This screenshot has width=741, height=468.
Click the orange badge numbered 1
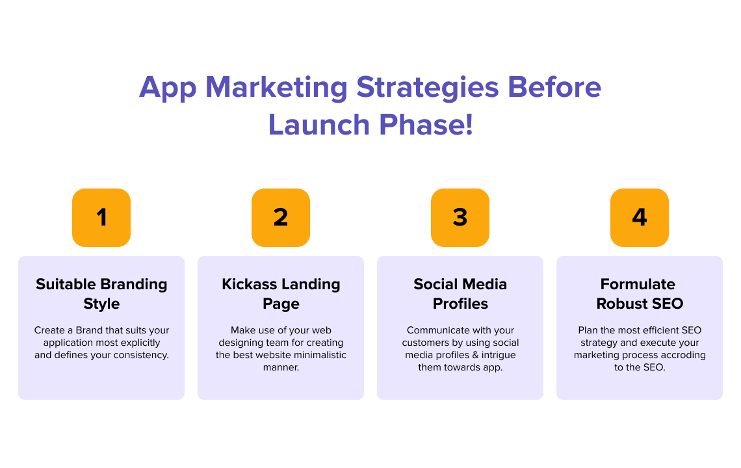pyautogui.click(x=101, y=218)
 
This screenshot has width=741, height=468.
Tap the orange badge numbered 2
pyautogui.click(x=281, y=218)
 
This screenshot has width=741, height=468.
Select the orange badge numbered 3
pyautogui.click(x=460, y=218)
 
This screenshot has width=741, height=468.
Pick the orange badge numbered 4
pyautogui.click(x=640, y=218)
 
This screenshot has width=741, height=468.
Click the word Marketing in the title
pyautogui.click(x=276, y=88)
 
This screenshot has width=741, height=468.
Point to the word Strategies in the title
pyautogui.click(x=427, y=88)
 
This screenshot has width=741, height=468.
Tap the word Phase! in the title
pyautogui.click(x=426, y=125)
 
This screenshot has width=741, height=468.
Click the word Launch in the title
pyautogui.click(x=318, y=125)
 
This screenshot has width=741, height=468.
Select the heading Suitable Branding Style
pyautogui.click(x=101, y=294)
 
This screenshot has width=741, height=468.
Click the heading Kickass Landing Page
pyautogui.click(x=281, y=294)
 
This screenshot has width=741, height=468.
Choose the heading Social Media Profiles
pyautogui.click(x=460, y=294)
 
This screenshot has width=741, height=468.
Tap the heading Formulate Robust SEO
pyautogui.click(x=640, y=294)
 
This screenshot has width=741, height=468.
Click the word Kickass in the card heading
pyautogui.click(x=250, y=284)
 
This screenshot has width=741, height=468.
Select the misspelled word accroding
pyautogui.click(x=681, y=355)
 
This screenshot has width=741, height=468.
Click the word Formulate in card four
pyautogui.click(x=638, y=284)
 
